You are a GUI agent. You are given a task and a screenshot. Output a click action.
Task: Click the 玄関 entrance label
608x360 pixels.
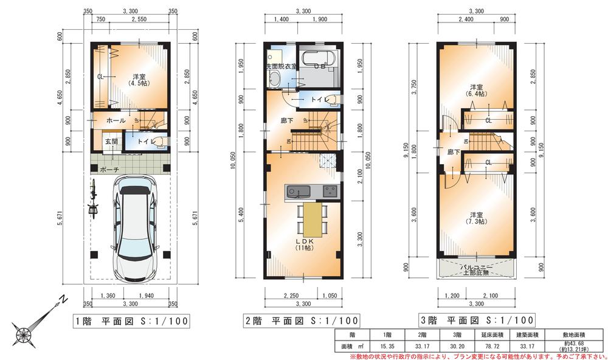tap(111, 141)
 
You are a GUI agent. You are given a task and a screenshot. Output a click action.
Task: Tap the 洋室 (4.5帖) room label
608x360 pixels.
tap(139, 81)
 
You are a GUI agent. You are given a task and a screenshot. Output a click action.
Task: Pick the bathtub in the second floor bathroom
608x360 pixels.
tap(317, 61)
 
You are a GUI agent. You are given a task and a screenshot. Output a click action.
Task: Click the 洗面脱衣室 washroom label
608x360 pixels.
tap(280, 66)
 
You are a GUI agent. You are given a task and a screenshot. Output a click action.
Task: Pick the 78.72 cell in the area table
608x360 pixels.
tap(486, 345)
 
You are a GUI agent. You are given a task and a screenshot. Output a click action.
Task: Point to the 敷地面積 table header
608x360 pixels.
tap(575, 334)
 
